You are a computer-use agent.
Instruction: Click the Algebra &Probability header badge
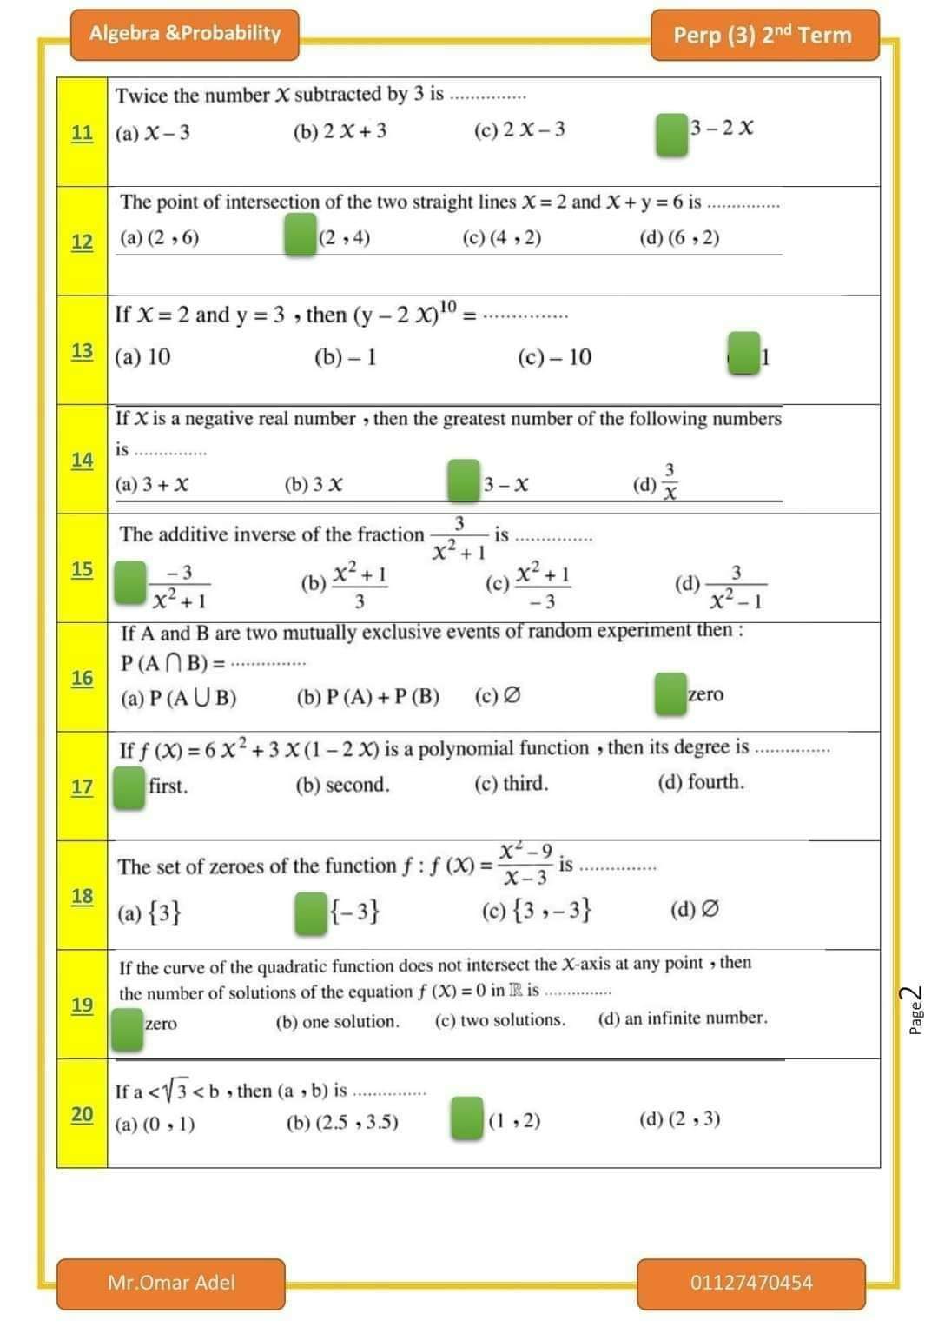[184, 34]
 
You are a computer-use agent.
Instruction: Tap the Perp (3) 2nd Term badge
[763, 35]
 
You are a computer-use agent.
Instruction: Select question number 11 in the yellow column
[83, 133]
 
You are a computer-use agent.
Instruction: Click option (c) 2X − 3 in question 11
[519, 129]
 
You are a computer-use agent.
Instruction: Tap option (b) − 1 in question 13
[345, 357]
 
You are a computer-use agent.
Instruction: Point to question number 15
[83, 569]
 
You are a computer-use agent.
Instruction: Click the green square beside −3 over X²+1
[130, 582]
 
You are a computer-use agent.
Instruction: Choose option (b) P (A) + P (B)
[367, 697]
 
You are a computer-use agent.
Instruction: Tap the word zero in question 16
[705, 694]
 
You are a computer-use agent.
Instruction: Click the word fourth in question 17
[715, 782]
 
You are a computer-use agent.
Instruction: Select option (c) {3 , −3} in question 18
[537, 910]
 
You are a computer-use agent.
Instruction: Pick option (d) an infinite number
[683, 1018]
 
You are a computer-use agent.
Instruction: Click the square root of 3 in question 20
[178, 1089]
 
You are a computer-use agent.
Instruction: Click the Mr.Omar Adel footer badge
[171, 1283]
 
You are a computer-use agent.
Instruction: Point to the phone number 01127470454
[751, 1283]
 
